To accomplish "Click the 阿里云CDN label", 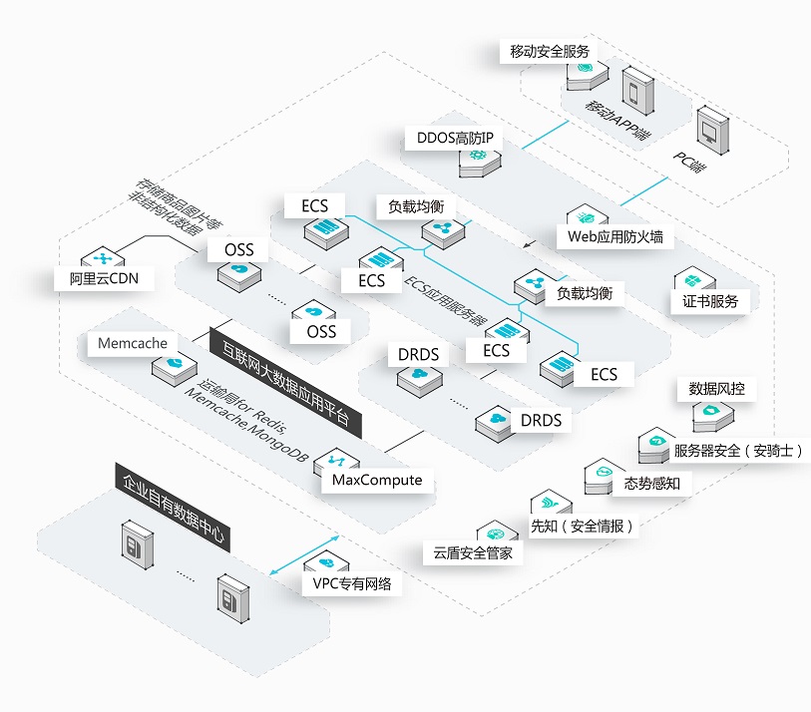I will [x=104, y=278].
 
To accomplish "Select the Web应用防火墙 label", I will [x=614, y=237].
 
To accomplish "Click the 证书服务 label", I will [x=709, y=300].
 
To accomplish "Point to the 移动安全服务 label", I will [x=550, y=51].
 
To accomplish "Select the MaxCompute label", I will [x=377, y=481].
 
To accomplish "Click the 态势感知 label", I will [x=651, y=484].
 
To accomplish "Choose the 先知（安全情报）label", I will [x=582, y=526].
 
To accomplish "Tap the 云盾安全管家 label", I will [x=473, y=552].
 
